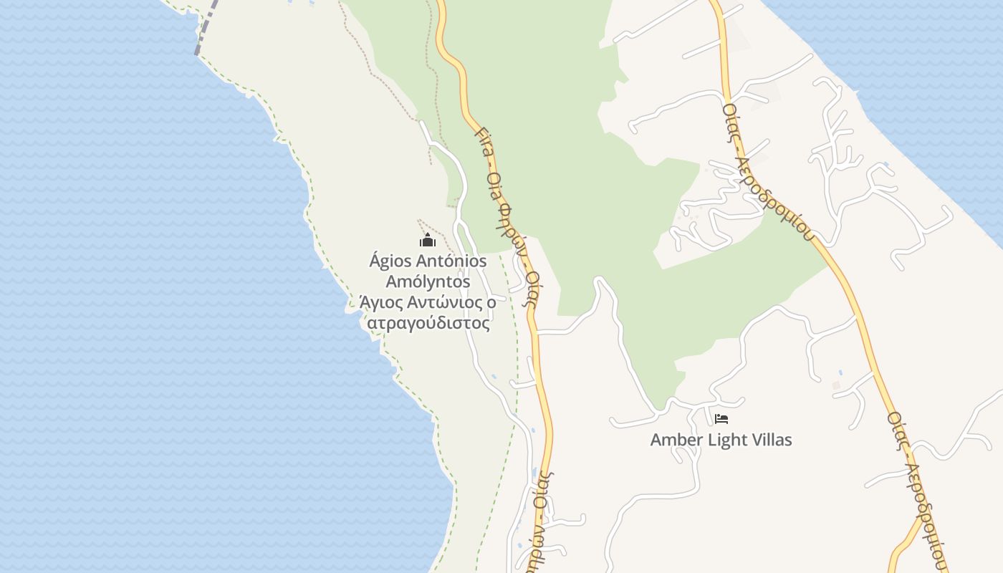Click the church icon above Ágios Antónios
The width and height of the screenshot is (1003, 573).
pyautogui.click(x=428, y=240)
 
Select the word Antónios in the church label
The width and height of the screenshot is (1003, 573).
pyautogui.click(x=451, y=261)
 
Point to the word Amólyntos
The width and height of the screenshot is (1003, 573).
pyautogui.click(x=428, y=281)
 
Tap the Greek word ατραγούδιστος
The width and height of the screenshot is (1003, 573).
pyautogui.click(x=428, y=323)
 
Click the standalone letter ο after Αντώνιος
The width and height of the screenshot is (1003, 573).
pyautogui.click(x=491, y=302)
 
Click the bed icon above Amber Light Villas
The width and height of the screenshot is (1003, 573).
pyautogui.click(x=721, y=418)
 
